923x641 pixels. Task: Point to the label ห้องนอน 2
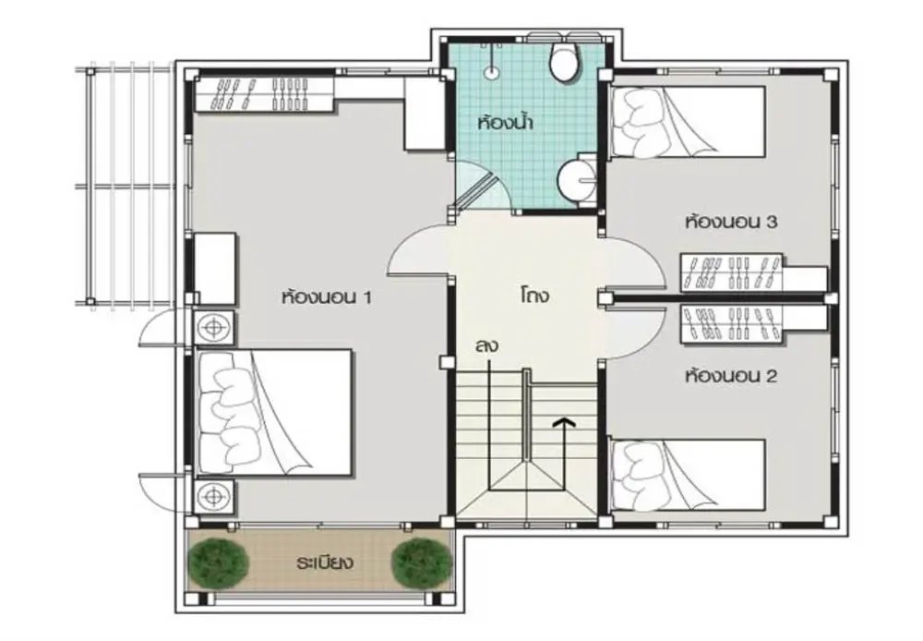coord(731,375)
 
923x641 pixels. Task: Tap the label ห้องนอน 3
coord(731,222)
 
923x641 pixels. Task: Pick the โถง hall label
coord(534,295)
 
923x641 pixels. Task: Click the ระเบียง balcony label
coord(325,562)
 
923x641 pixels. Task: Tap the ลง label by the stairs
coord(486,345)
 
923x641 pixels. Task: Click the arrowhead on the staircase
coord(564,421)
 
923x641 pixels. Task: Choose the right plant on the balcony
coord(422,562)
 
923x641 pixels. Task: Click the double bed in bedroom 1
coord(274,412)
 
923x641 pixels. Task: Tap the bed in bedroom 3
coord(688,122)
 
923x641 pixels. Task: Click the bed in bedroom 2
coord(688,474)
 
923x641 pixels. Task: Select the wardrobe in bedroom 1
coord(265,93)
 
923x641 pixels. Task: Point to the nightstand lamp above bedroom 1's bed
coord(214,326)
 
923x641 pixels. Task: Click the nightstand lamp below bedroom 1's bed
coord(214,497)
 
